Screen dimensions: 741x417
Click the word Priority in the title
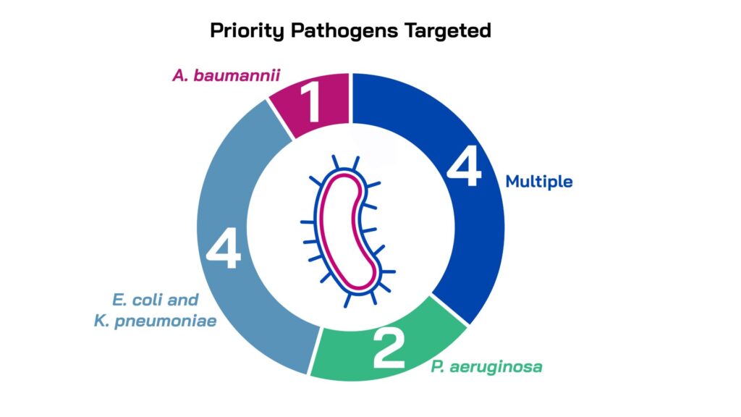[247, 31]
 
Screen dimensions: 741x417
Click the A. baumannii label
[226, 75]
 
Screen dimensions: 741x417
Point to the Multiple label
[539, 182]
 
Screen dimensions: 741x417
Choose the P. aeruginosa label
[486, 367]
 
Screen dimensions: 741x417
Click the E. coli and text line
[155, 300]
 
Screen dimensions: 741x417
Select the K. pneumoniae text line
[155, 321]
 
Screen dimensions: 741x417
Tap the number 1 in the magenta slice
[310, 101]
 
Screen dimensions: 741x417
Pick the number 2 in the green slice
[389, 349]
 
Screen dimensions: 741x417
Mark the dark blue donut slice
[465, 189]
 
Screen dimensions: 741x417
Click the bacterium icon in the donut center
[348, 232]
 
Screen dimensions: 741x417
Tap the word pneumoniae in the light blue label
[166, 321]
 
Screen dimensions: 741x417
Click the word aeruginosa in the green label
[496, 367]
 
